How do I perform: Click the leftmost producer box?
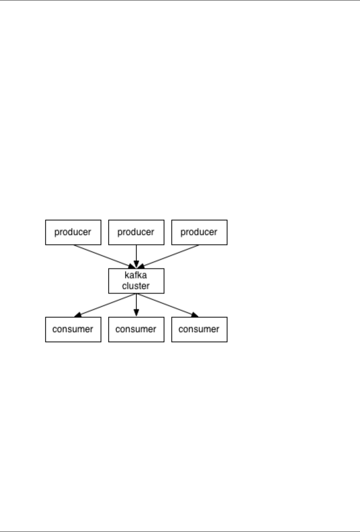73,232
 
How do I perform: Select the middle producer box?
136,232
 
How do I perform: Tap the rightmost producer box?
199,232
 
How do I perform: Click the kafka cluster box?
136,281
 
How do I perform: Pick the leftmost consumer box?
73,329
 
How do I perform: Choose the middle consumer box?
136,329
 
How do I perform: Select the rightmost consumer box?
199,329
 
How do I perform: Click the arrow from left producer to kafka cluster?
102,256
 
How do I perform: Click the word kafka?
136,275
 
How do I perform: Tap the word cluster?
136,286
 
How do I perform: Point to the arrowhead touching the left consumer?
78,315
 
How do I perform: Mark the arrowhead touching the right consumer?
195,315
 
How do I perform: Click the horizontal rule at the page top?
180,0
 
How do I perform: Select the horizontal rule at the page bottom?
180,532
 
